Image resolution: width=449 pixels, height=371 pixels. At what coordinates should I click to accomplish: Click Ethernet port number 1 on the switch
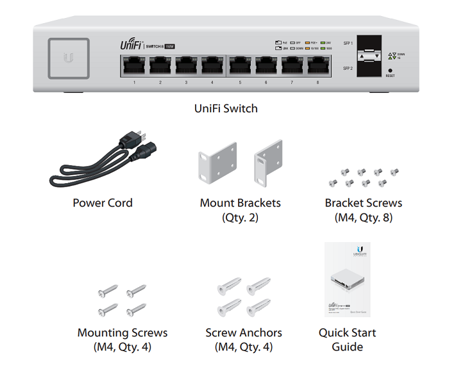(x=133, y=66)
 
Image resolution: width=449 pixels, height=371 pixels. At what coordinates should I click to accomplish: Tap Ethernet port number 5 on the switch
(x=240, y=66)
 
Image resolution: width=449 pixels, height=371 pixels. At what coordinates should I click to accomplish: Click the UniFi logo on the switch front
(x=131, y=45)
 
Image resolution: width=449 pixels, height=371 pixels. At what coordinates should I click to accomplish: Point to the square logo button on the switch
(x=68, y=59)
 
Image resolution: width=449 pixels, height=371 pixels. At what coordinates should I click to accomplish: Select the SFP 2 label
(x=348, y=67)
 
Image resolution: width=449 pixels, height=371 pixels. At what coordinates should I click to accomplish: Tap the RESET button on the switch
(x=390, y=70)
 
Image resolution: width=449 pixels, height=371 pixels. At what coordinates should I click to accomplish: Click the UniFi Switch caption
(x=226, y=108)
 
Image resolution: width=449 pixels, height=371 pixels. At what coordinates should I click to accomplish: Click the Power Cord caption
(x=103, y=203)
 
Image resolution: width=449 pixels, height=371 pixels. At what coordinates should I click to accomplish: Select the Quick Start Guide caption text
(x=347, y=340)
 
